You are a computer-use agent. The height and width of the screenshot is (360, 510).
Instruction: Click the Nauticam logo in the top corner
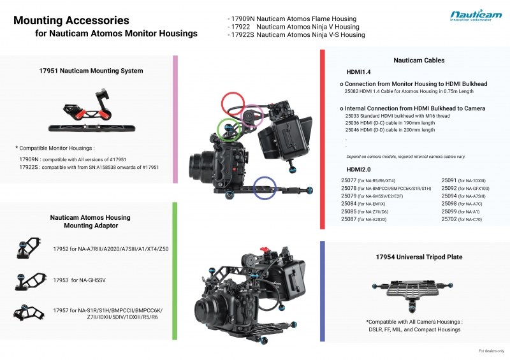click(x=475, y=16)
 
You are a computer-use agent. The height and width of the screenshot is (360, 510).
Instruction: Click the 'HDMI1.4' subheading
click(x=359, y=73)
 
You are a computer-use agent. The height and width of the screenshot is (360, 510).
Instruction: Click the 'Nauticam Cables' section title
click(x=419, y=61)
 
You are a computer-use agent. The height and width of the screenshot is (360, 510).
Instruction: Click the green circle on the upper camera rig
click(x=229, y=129)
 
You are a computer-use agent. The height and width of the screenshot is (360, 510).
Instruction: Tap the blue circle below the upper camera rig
click(x=266, y=188)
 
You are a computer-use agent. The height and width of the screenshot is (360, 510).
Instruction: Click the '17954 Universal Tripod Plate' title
click(x=419, y=257)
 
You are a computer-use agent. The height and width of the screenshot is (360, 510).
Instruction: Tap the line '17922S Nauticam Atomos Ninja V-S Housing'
click(x=296, y=35)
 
